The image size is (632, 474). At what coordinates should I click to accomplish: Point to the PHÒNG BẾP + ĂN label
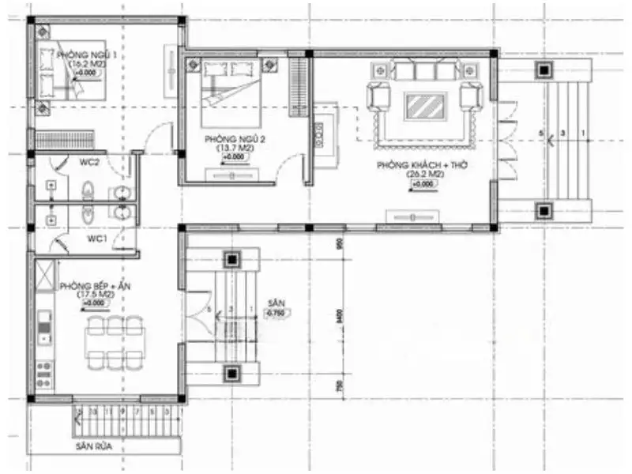pos(88,286)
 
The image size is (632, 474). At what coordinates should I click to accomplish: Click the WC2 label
pos(88,163)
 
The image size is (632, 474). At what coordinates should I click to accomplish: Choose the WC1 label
pos(96,238)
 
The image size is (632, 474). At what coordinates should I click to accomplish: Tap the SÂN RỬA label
pos(94,446)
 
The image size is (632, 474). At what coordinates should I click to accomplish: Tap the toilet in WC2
pos(88,190)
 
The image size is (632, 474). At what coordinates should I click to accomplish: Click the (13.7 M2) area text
pos(235,148)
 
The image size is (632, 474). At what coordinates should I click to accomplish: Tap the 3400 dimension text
pos(340,316)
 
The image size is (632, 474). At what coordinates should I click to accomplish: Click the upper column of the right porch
pos(544,69)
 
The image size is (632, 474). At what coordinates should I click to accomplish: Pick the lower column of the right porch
pos(544,210)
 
